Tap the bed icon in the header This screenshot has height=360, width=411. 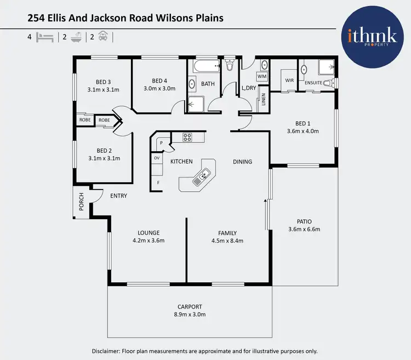pos(45,37)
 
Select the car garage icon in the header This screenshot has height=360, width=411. pos(103,37)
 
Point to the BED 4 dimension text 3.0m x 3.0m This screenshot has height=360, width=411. pos(159,88)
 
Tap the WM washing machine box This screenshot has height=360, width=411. pos(262,76)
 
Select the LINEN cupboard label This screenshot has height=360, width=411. pos(263,100)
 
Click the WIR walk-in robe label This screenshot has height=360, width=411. pos(288,80)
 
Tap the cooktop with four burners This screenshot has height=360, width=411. pos(187,137)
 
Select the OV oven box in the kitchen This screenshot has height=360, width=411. pos(157,158)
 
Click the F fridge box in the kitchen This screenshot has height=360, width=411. pos(158,182)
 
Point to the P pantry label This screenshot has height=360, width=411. pos(162,143)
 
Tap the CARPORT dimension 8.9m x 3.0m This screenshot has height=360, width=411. pos(190,315)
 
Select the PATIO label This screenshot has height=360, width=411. pos(304,221)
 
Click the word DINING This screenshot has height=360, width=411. pos(242,162)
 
